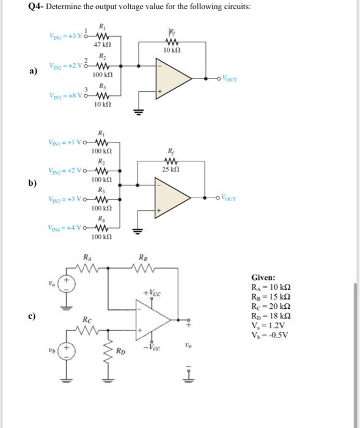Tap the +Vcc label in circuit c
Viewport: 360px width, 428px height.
(x=153, y=294)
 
